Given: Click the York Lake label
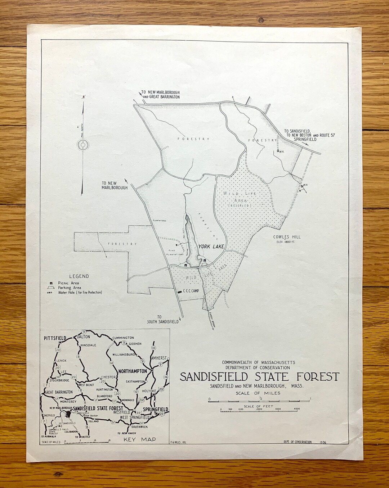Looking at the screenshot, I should click(x=211, y=247).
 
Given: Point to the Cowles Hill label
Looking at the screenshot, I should click(x=287, y=237).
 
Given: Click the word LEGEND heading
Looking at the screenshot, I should click(x=79, y=276).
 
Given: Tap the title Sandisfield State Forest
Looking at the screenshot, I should click(x=259, y=377).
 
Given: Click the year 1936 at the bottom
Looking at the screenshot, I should click(x=323, y=442).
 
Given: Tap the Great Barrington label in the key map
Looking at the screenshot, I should click(x=59, y=392).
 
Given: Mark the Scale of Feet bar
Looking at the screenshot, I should click(x=259, y=410).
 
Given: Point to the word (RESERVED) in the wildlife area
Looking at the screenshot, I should click(x=241, y=205).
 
